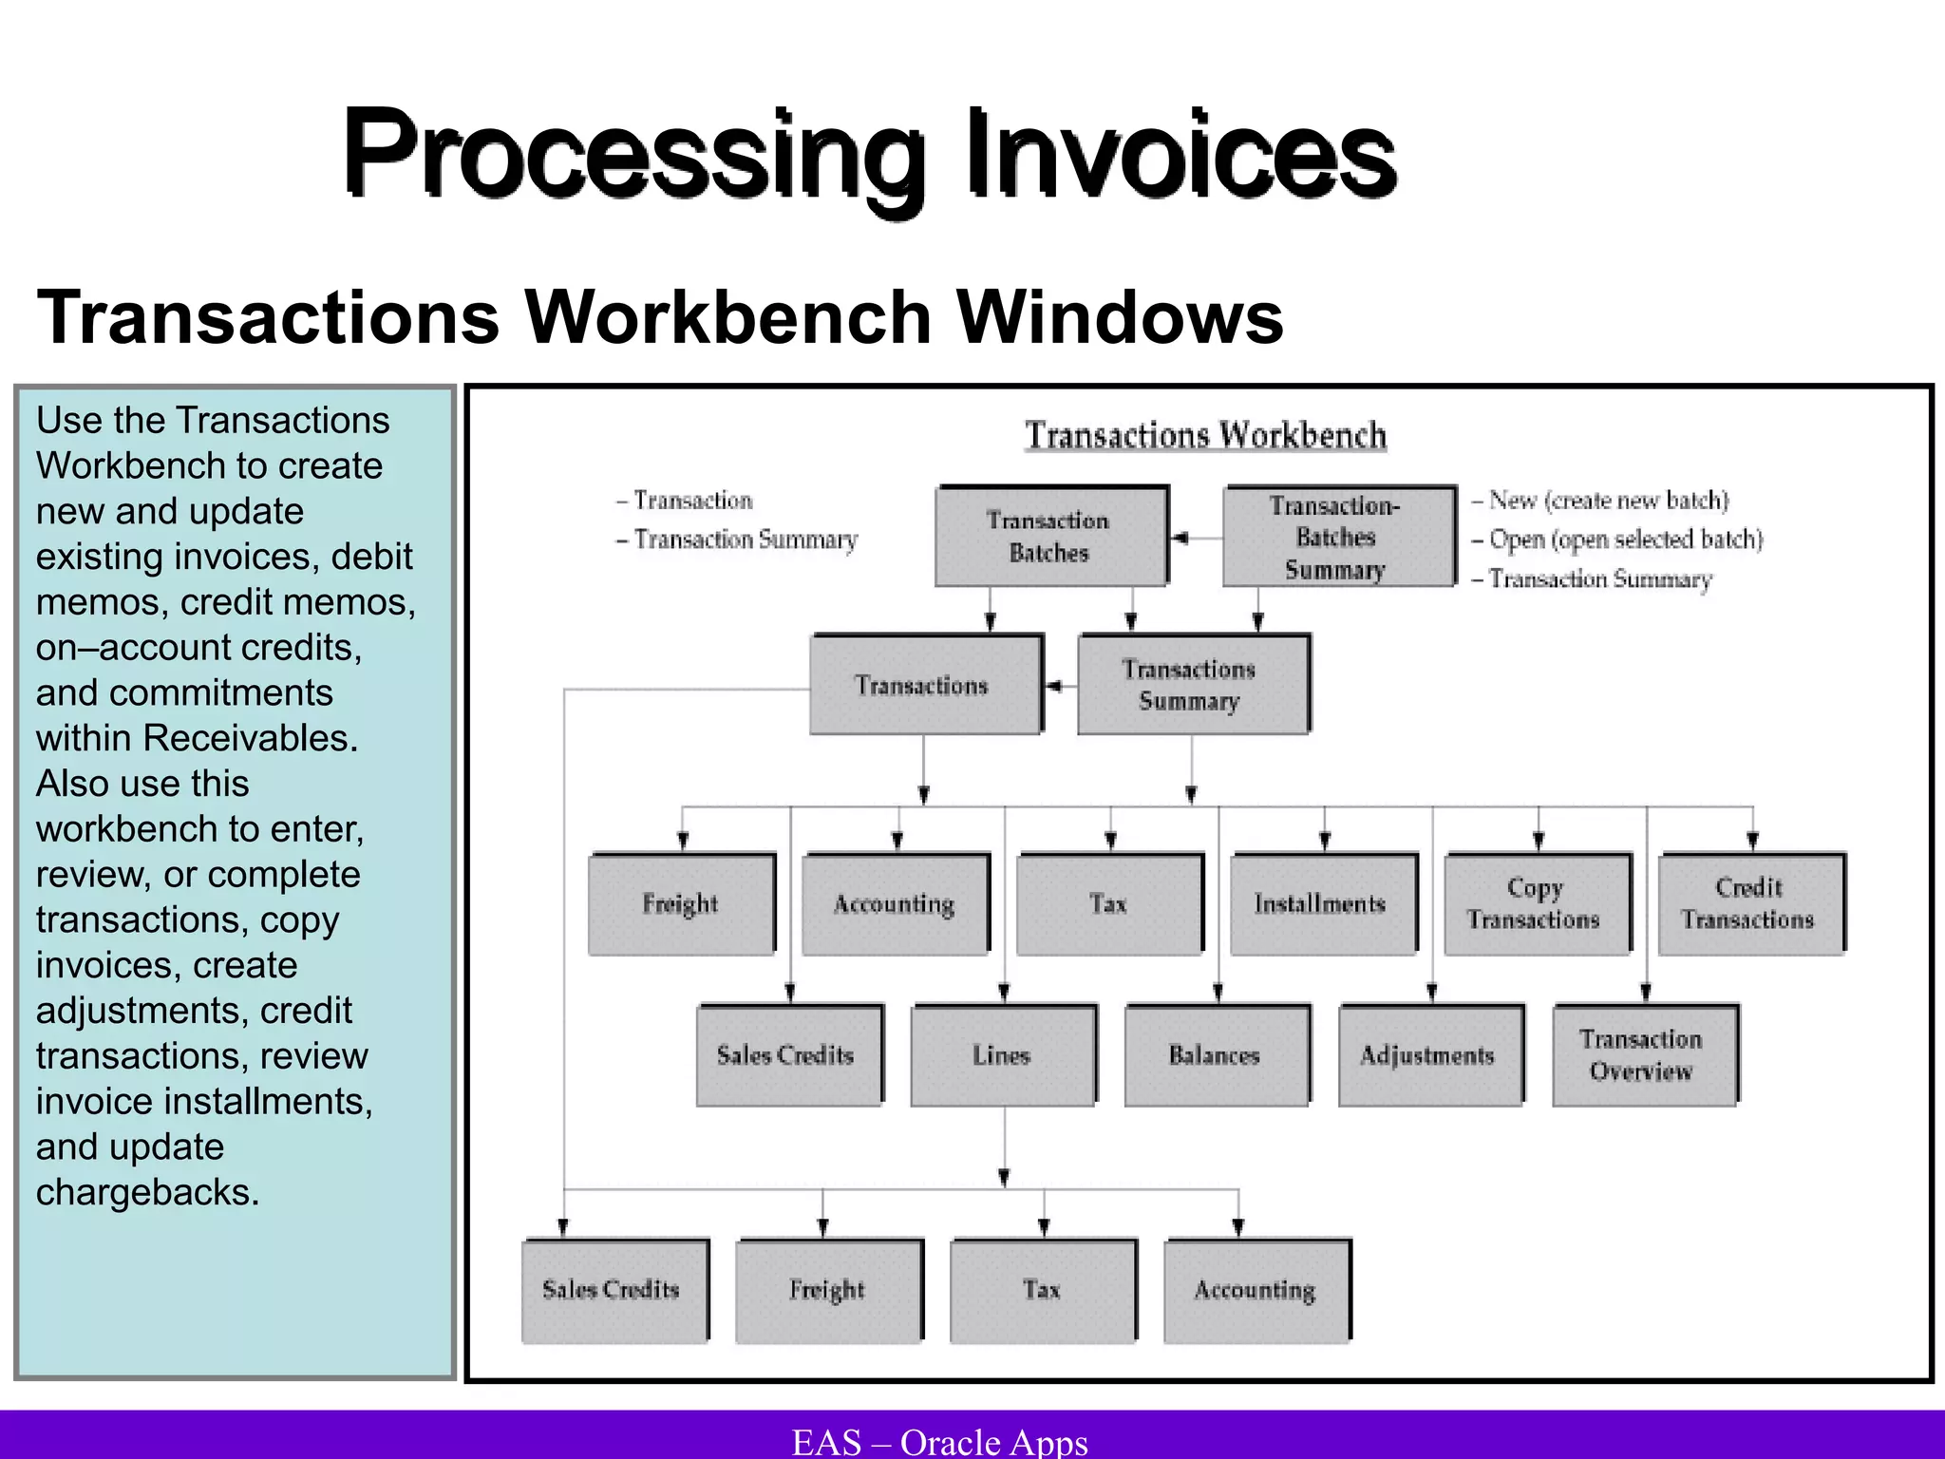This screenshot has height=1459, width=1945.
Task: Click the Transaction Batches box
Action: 1050,537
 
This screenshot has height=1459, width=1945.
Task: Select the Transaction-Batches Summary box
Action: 1338,537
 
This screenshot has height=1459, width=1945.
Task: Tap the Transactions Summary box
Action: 1192,685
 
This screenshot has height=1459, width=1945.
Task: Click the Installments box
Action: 1322,904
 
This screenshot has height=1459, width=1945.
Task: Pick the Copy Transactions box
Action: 1537,904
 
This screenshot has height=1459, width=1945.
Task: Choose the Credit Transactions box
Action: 1750,904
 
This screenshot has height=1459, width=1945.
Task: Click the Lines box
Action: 1003,1055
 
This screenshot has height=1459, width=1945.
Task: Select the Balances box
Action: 1217,1055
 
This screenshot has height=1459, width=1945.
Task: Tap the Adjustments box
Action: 1430,1055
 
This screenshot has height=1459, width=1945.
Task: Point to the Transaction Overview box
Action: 1644,1055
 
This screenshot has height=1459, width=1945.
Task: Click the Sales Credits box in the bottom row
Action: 614,1290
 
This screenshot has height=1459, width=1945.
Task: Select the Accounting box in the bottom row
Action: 1256,1290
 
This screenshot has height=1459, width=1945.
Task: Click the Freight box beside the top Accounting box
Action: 681,904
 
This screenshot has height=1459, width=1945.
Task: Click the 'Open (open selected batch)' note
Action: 1625,540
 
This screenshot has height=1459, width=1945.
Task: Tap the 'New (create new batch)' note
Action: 1608,501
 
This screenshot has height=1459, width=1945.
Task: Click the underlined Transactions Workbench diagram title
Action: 1205,435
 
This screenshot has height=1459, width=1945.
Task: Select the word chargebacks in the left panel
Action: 147,1192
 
